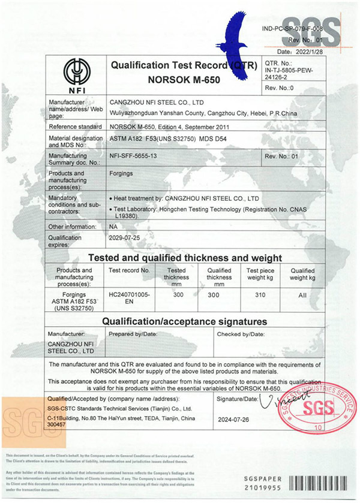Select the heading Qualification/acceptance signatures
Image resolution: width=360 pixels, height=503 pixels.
[x=184, y=321]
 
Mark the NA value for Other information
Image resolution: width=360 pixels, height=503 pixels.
[x=114, y=227]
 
